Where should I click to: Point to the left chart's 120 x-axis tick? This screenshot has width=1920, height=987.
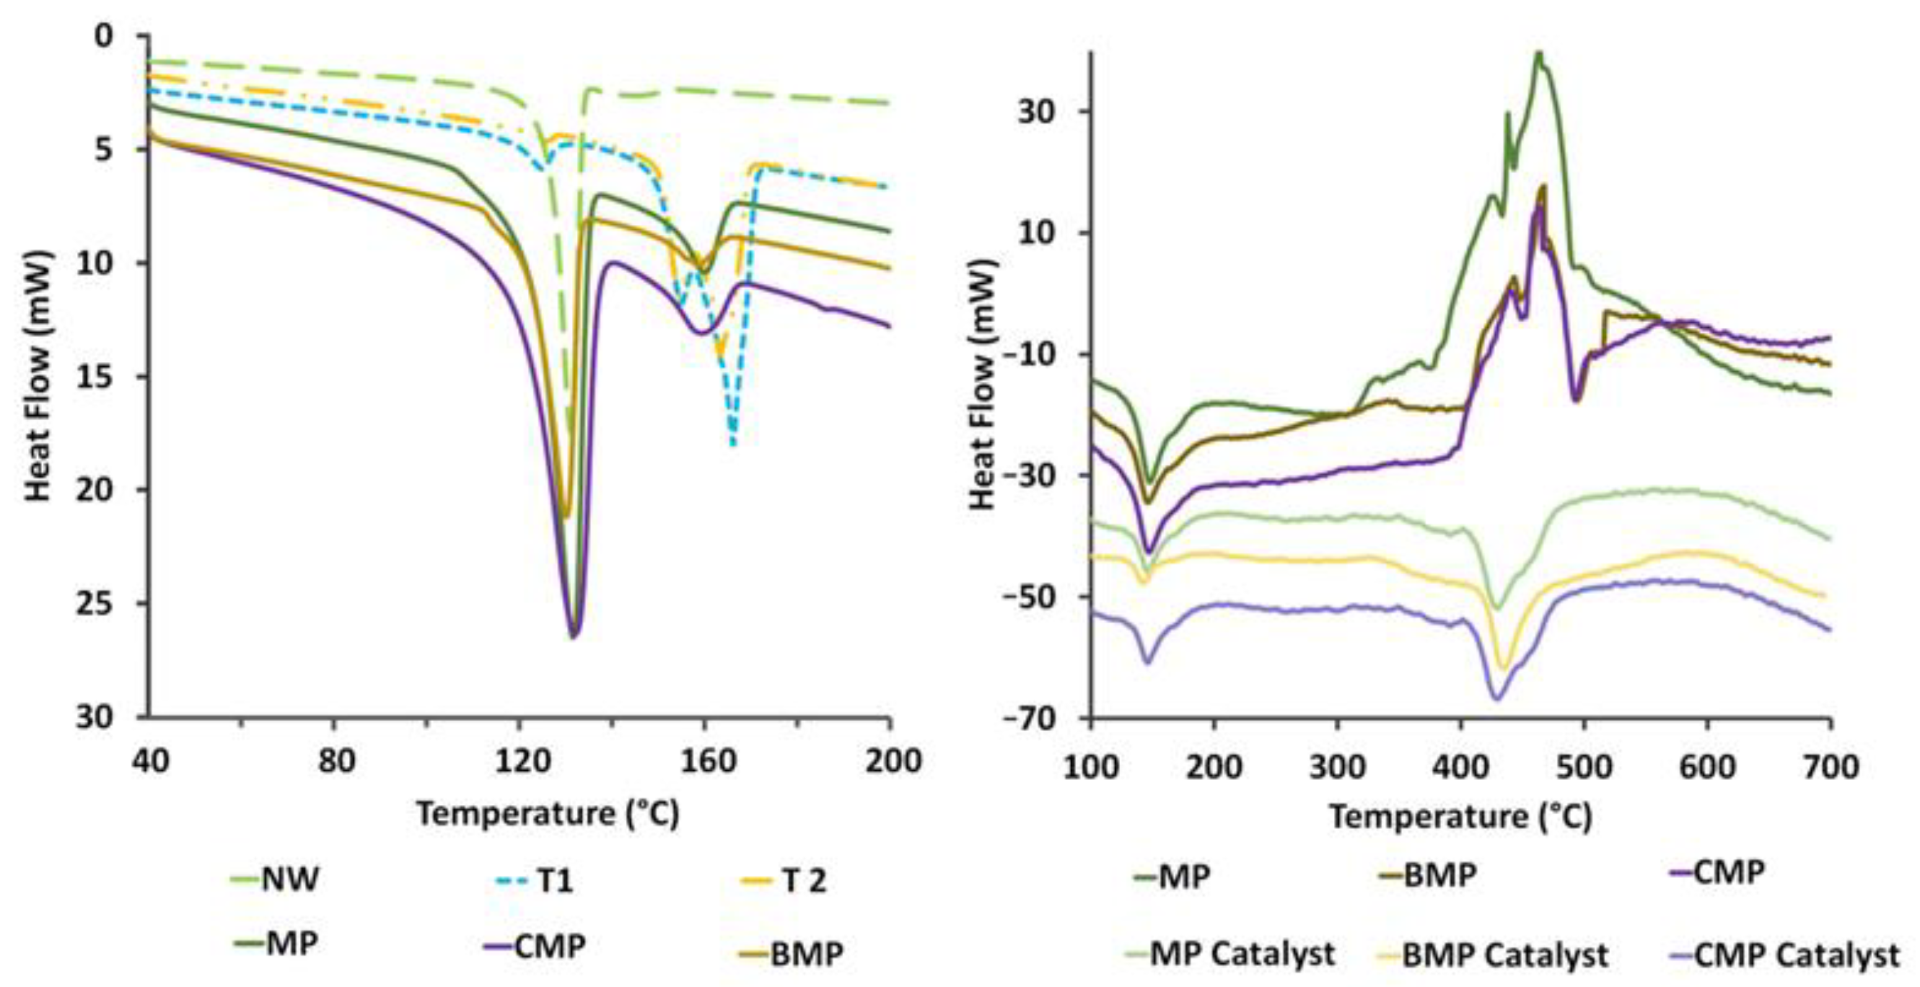tap(518, 761)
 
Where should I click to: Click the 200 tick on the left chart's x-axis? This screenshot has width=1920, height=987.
tap(889, 761)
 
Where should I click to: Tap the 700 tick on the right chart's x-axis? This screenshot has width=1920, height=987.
tap(1830, 766)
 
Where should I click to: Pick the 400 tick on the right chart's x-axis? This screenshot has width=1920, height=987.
tap(1461, 766)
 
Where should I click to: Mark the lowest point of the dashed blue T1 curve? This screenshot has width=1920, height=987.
tap(734, 445)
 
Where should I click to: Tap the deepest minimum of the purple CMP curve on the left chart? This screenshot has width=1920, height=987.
tap(574, 637)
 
